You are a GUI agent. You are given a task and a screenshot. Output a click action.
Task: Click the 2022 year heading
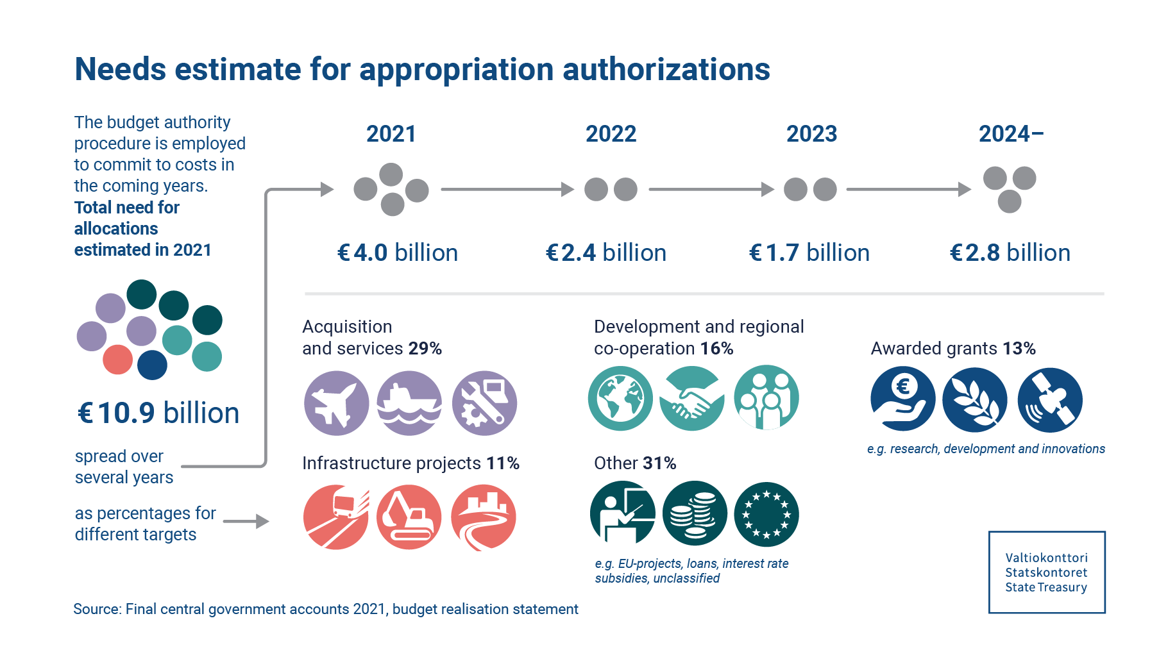click(x=611, y=134)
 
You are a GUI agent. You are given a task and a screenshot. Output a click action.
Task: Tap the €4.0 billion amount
click(x=397, y=253)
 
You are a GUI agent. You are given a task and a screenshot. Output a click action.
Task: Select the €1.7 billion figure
click(x=809, y=253)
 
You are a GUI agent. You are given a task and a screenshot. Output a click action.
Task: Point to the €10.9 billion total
click(x=158, y=413)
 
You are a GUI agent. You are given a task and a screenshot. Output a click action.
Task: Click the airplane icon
click(x=336, y=403)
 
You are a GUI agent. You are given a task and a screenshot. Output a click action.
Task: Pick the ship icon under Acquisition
click(x=409, y=403)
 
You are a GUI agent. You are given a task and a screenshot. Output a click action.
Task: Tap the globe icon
click(x=620, y=398)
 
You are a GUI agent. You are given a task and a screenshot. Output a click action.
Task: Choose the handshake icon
click(x=692, y=398)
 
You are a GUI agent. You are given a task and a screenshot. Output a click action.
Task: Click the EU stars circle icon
click(x=766, y=514)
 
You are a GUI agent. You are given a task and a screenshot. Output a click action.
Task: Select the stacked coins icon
click(x=694, y=514)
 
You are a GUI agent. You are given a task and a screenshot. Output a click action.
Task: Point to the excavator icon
click(x=409, y=517)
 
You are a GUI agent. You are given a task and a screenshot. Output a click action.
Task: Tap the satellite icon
click(x=1049, y=400)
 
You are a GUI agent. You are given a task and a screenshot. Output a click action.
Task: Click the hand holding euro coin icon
click(x=902, y=399)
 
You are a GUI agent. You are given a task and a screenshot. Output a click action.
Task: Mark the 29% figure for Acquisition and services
click(x=425, y=349)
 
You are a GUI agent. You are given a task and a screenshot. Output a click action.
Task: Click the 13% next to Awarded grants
click(x=1019, y=349)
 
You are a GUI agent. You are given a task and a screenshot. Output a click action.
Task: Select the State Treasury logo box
click(x=1046, y=572)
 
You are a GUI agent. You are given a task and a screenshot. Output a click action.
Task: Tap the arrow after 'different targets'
click(x=246, y=522)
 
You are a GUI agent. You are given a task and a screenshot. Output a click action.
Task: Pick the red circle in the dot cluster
click(x=118, y=360)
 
